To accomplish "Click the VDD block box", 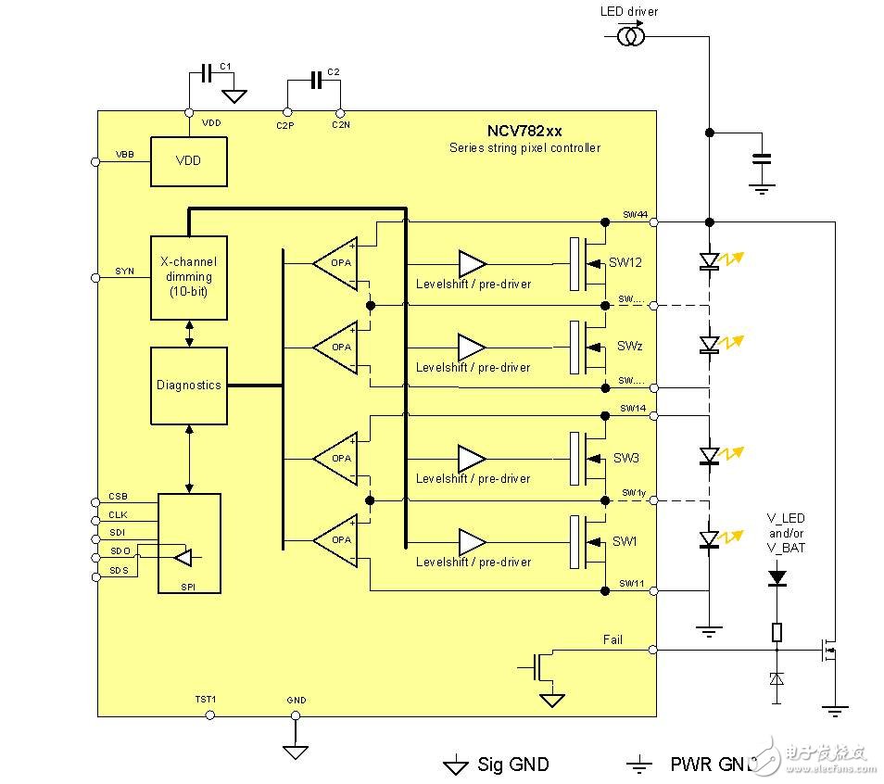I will (188, 160).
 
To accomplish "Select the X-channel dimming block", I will (189, 277).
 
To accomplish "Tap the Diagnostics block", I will (189, 385).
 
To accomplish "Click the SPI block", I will (189, 543).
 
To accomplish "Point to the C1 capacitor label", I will (224, 67).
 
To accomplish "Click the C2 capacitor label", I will (335, 71).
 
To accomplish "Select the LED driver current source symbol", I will (632, 36).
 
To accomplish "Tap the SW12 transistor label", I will (625, 262).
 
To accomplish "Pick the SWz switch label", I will (630, 346).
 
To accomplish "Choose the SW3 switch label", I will (626, 458).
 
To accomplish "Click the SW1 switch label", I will (625, 541).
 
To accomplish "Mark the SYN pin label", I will (124, 271).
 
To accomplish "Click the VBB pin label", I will (124, 154).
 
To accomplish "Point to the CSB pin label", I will (118, 496).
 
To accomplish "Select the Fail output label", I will (612, 639).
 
